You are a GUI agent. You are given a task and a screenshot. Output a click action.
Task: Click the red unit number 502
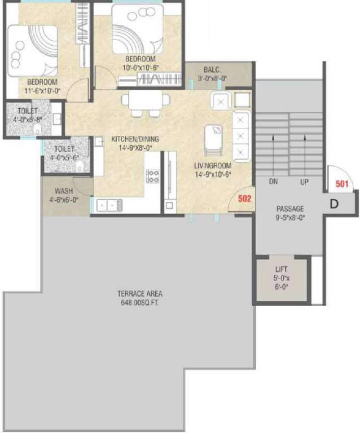[x=243, y=199]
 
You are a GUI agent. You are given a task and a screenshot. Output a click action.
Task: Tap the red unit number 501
[x=342, y=184]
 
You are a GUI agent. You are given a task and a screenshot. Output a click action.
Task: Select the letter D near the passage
[x=334, y=204]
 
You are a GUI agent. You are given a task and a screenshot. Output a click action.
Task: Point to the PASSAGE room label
[x=290, y=209]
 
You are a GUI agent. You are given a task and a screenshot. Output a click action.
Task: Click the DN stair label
[x=273, y=183]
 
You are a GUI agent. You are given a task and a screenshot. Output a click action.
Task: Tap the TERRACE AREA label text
[x=140, y=294]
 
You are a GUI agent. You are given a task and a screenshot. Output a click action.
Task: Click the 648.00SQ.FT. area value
[x=140, y=302]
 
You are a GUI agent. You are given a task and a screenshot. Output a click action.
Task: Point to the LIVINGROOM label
[x=213, y=166]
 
